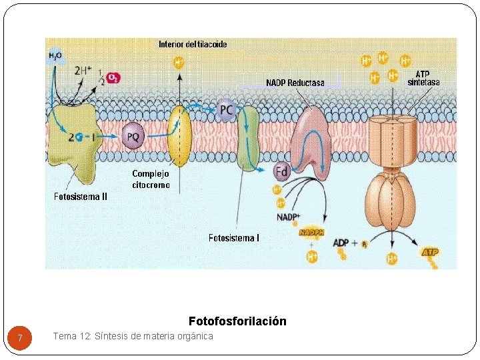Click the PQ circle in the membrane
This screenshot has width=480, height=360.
click(x=133, y=137)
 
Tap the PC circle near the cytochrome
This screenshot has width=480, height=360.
click(x=227, y=109)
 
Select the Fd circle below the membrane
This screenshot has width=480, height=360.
click(x=282, y=172)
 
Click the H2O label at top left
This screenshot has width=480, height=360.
click(x=55, y=56)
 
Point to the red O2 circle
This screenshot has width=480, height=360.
click(x=115, y=79)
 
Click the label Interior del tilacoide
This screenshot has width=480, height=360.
click(x=193, y=45)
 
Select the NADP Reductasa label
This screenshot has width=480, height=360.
click(x=295, y=83)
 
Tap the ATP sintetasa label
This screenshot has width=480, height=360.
click(x=423, y=78)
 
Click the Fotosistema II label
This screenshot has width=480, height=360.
click(x=81, y=197)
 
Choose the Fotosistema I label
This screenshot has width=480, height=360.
click(x=234, y=237)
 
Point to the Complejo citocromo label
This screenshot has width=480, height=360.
click(x=151, y=179)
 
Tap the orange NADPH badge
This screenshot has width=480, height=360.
click(x=311, y=233)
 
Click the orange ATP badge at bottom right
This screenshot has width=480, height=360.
click(x=430, y=252)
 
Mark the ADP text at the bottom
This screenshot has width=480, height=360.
click(x=341, y=243)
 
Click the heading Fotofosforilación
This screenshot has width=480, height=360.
click(x=237, y=321)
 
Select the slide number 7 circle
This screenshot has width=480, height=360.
click(x=21, y=339)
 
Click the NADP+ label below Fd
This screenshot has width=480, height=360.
click(x=288, y=217)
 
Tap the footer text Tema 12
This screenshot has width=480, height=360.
click(x=133, y=336)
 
